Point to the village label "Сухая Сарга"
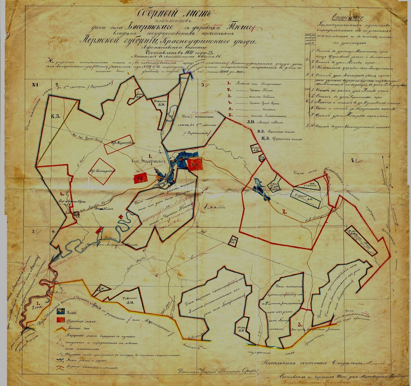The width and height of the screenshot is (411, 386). (68, 202)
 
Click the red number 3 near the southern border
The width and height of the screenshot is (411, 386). (300, 324)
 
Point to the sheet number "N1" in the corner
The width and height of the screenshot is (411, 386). (35, 85)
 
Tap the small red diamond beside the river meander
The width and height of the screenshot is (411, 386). (120, 216)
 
